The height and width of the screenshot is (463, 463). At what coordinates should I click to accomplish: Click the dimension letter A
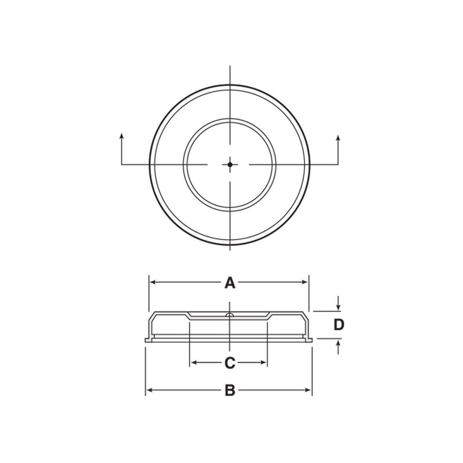230,282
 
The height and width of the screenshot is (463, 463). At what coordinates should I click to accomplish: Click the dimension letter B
230,391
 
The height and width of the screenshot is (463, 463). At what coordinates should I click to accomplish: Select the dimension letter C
230,363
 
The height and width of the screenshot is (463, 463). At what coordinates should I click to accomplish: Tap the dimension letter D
339,325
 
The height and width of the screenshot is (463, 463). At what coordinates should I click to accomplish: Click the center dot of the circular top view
230,164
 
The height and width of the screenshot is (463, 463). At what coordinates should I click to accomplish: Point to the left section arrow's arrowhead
121,136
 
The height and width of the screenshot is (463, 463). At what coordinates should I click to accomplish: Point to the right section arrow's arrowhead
338,138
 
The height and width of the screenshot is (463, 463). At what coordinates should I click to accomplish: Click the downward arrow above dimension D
339,307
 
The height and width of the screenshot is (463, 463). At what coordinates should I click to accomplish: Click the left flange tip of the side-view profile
146,340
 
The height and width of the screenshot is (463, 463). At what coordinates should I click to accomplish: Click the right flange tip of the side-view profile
311,340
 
